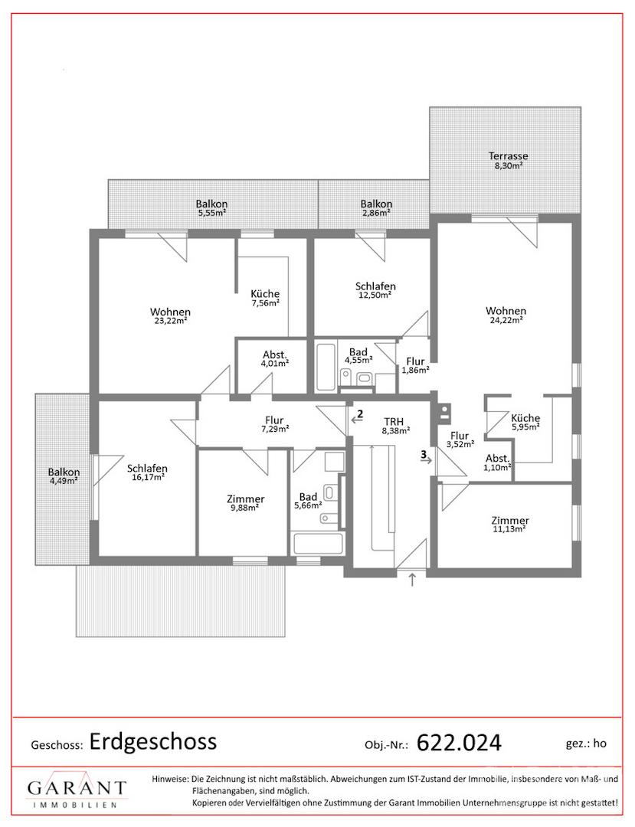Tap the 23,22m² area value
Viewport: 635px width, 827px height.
pos(171,321)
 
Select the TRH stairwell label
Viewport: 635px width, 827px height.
pos(394,421)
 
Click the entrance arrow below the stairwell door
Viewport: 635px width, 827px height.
pos(412,579)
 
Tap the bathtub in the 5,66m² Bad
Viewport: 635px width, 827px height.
pos(319,543)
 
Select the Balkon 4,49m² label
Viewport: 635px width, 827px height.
pos(64,476)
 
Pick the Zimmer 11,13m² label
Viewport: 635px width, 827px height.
pos(510,525)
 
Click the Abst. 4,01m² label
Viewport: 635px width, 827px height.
pos(275,358)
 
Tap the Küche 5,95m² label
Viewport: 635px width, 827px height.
pos(525,422)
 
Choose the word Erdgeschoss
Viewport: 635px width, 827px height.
pos(153,741)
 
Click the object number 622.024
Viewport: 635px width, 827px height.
pos(459,743)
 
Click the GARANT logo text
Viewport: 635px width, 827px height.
pos(77,788)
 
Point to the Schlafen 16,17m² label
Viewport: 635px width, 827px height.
pos(147,472)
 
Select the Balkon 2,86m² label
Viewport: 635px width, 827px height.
pos(376,208)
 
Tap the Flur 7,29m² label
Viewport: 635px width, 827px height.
pos(274,424)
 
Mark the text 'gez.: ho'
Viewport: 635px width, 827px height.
pos(586,744)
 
